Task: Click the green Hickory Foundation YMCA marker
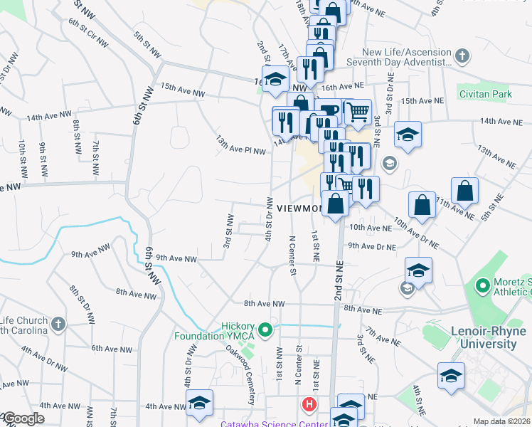266,330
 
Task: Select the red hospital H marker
309,405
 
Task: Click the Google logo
23,418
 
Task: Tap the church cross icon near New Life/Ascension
462,56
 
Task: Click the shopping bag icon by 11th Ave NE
464,191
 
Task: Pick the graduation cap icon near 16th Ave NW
274,79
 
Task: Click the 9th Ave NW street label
175,258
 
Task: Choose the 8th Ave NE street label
368,308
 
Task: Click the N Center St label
292,253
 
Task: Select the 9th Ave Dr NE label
371,246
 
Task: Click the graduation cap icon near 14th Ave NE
408,133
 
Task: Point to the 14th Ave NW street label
49,115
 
